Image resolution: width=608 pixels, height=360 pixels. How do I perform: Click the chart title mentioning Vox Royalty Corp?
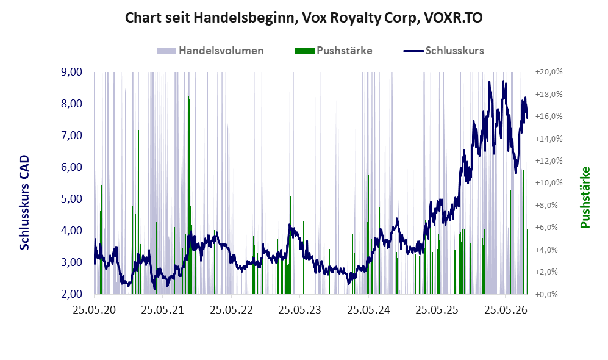point(304,18)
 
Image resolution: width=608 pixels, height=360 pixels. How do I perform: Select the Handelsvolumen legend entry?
point(210,51)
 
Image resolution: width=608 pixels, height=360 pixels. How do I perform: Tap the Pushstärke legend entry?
point(334,51)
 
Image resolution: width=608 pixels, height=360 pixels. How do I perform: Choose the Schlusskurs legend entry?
point(443,51)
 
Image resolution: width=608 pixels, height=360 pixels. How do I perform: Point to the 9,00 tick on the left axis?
point(72,72)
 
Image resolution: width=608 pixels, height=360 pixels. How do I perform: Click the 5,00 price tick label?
point(72,199)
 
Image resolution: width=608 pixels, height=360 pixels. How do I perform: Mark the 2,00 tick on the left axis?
point(72,294)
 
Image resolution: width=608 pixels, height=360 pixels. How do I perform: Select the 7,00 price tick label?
point(72,135)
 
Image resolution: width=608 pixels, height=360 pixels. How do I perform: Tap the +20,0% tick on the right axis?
point(549,72)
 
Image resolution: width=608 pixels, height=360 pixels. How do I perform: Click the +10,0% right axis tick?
point(549,183)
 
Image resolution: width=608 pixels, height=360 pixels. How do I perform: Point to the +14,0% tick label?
point(549,139)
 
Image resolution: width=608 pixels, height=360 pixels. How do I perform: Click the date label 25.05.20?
point(95,310)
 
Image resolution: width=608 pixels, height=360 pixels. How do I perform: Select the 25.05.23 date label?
point(300,310)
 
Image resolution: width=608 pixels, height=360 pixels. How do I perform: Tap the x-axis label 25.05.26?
point(506,310)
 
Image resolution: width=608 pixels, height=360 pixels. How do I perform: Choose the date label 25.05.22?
point(232,310)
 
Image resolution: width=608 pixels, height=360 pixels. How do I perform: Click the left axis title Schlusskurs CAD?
point(24,203)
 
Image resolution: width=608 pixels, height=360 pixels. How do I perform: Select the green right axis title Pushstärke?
point(585,197)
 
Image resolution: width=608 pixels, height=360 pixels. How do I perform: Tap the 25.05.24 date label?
point(368,310)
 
